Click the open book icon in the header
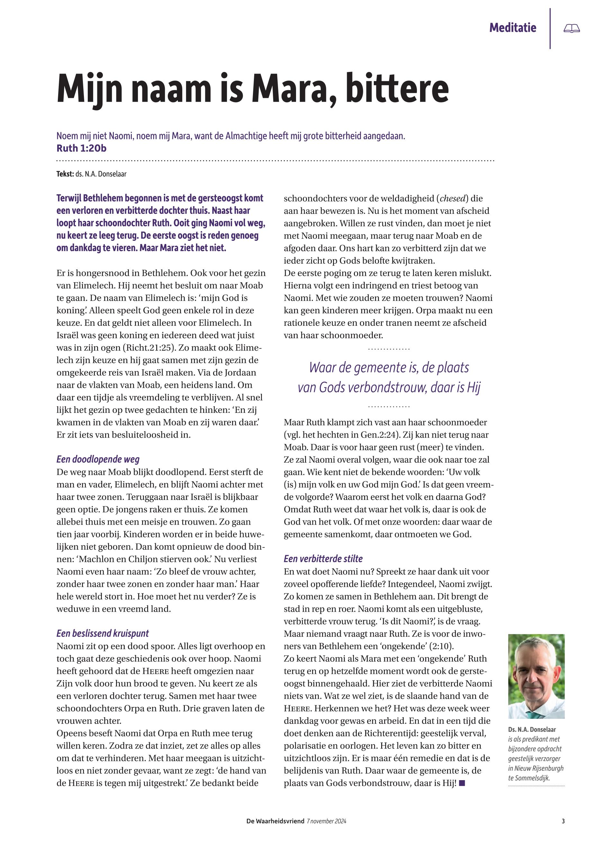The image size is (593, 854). [x=571, y=29]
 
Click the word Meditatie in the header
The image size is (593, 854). [x=513, y=28]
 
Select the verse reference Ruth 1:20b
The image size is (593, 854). [x=81, y=148]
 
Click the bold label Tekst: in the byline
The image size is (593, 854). [x=65, y=174]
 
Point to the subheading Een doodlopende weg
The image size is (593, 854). [x=98, y=459]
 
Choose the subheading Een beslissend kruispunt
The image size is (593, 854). [x=103, y=633]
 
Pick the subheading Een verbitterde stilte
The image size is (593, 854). [x=323, y=559]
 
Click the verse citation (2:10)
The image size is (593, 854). [x=441, y=646]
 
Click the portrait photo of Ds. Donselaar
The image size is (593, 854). [x=536, y=676]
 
